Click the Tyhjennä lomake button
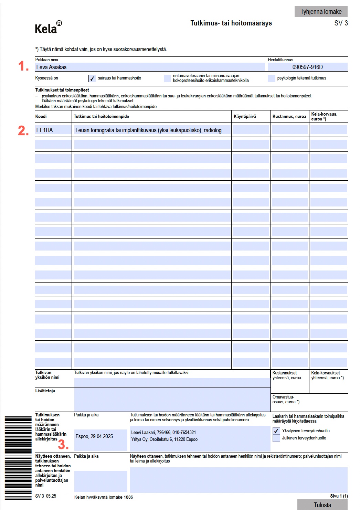point(321,11)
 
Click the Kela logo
point(48,27)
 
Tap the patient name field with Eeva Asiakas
point(150,67)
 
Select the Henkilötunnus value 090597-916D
point(307,67)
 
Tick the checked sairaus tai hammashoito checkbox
point(92,78)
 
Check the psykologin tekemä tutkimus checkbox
point(272,78)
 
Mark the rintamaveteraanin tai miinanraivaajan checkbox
point(167,78)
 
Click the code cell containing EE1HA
point(53,130)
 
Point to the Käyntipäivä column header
point(245,117)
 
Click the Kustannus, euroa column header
point(289,117)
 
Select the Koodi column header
point(41,117)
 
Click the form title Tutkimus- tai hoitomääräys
point(231,23)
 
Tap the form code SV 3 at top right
point(341,23)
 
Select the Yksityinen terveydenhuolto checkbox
point(276,431)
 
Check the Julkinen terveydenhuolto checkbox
point(276,438)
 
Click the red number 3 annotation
point(63,445)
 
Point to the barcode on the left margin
point(18,458)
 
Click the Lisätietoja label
point(45,391)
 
